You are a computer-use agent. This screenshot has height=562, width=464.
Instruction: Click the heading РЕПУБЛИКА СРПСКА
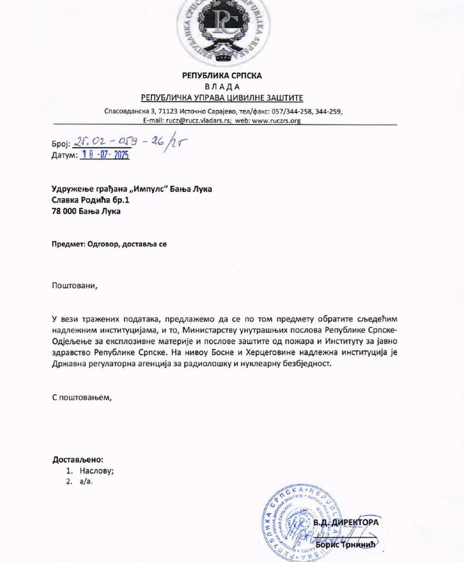(x=222, y=75)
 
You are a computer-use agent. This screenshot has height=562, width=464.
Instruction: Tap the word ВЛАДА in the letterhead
(x=222, y=87)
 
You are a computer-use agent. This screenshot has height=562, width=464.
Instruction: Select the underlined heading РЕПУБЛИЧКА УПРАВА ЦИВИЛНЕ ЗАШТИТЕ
(x=222, y=98)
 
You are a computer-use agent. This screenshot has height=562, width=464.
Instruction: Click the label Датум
(x=64, y=155)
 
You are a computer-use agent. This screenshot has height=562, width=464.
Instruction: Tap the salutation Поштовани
(x=75, y=285)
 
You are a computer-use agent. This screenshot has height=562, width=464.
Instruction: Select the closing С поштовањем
(x=82, y=397)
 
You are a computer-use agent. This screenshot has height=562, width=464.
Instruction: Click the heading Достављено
(x=77, y=460)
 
